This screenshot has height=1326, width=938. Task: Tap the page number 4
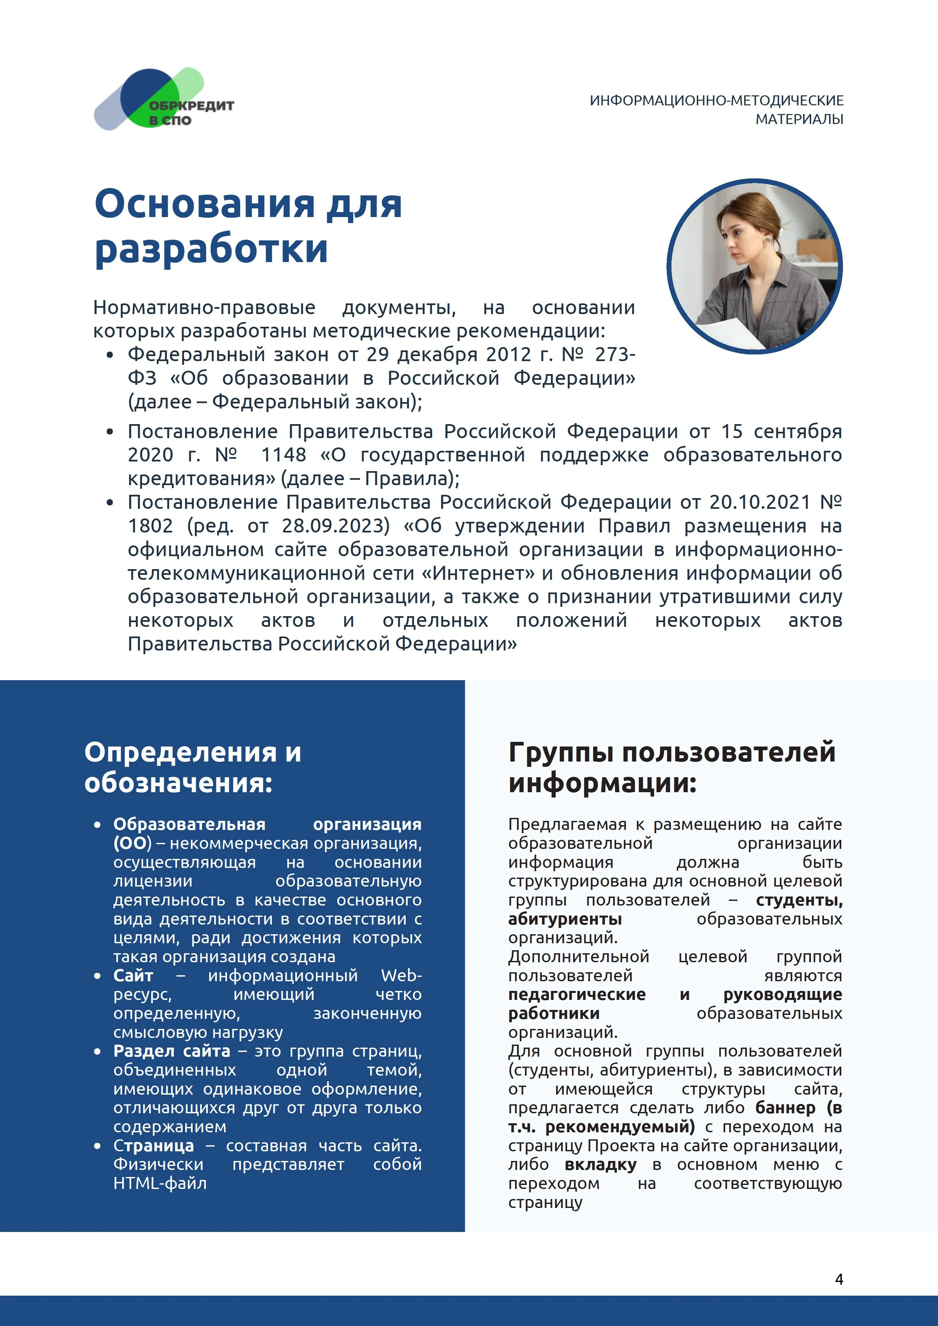[x=839, y=1279]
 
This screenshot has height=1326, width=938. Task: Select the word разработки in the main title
[x=211, y=249]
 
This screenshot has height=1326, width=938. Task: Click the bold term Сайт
[x=133, y=976]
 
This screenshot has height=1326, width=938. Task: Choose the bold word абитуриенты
[x=565, y=919]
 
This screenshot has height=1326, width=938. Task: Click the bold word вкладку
[x=600, y=1165]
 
